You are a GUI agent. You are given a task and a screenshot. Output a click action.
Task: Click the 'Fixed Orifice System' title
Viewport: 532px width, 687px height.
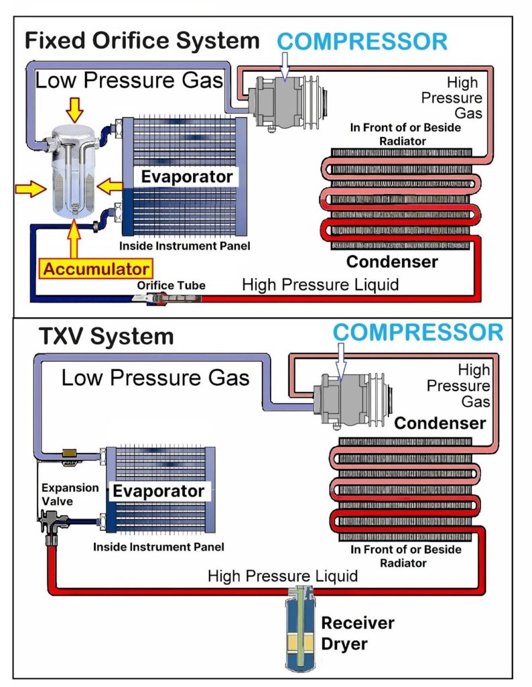click(x=141, y=40)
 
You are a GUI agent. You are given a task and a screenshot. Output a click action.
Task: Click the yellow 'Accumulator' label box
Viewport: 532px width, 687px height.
click(x=94, y=269)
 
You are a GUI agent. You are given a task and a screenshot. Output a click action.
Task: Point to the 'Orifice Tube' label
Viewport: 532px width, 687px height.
click(x=171, y=285)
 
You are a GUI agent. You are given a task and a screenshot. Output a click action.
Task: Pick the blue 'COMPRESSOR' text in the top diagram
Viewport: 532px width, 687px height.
click(x=362, y=41)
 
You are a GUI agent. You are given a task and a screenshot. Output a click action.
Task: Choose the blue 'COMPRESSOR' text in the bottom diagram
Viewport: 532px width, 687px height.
click(x=419, y=332)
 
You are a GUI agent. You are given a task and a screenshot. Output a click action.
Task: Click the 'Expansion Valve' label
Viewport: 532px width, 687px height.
click(x=70, y=494)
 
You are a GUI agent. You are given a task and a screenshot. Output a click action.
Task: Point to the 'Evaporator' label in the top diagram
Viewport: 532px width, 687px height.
click(x=187, y=177)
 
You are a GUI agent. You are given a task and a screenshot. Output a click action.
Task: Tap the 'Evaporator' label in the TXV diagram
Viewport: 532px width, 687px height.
click(x=158, y=490)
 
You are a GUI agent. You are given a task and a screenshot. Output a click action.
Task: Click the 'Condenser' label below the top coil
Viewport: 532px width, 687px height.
click(x=392, y=261)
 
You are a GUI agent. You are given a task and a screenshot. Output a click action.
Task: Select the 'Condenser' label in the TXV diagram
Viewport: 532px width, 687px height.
click(x=440, y=423)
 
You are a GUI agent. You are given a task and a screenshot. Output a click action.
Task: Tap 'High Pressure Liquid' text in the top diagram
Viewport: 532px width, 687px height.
click(x=320, y=284)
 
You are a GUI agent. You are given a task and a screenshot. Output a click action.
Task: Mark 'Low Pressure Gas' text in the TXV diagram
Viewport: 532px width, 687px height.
click(x=155, y=377)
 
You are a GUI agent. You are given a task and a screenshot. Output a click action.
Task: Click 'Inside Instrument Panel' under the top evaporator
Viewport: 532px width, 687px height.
click(x=185, y=246)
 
